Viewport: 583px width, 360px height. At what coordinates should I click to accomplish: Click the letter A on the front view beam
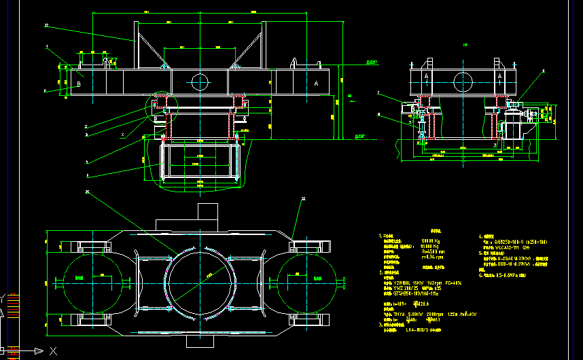coord(317,82)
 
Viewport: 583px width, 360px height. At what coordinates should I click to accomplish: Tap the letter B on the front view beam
coord(79,84)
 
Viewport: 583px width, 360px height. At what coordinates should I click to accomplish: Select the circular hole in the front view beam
coord(200,82)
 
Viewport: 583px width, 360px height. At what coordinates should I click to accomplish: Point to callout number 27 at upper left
coord(46,25)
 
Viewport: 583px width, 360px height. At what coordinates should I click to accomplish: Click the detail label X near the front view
coord(122,134)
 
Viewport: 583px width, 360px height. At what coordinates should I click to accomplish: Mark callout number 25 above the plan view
coord(303,199)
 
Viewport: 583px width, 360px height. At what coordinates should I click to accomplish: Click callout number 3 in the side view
coord(543,71)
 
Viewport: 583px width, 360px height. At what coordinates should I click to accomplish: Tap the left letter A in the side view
coord(427,77)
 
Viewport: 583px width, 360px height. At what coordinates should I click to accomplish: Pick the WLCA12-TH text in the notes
coord(508,247)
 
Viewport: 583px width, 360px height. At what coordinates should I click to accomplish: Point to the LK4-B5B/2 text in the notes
coord(421,330)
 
